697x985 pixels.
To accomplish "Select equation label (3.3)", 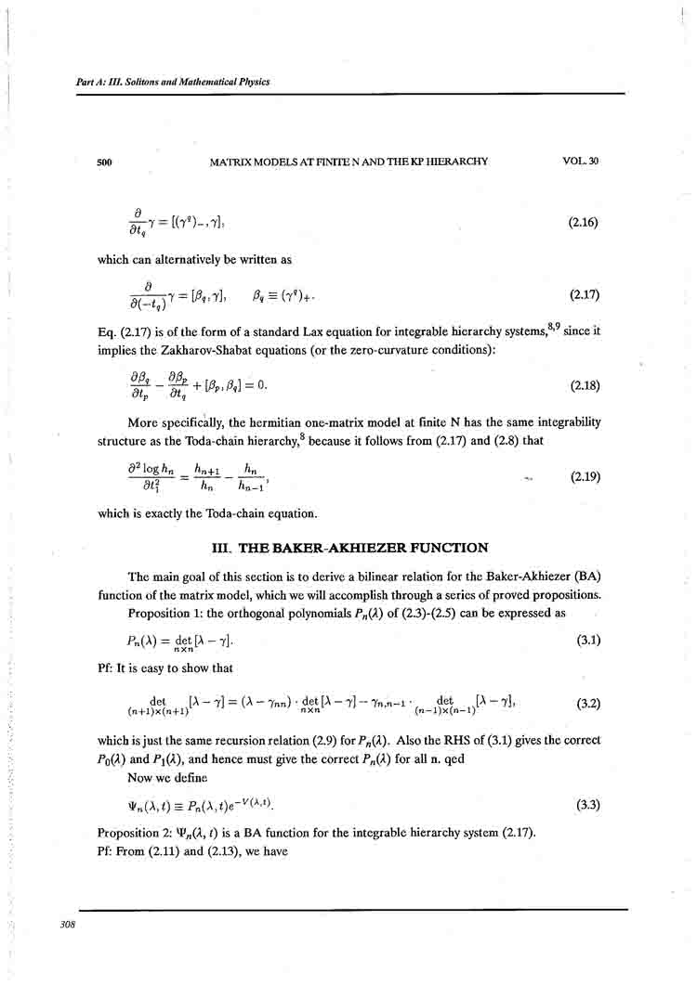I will pos(585,803).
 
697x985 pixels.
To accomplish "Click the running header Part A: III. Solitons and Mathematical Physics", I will pos(173,82).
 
